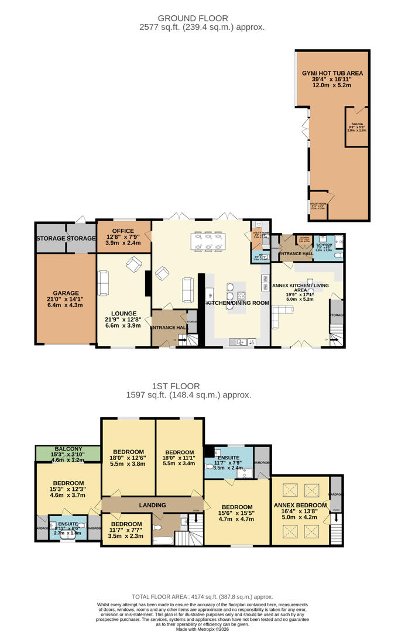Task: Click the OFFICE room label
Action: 123,231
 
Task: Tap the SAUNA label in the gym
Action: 356,124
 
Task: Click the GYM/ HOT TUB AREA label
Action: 332,74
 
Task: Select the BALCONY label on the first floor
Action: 61,449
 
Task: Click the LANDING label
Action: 152,505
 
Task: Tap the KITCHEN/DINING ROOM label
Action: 238,303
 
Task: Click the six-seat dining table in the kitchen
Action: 208,242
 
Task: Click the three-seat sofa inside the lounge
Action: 104,283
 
